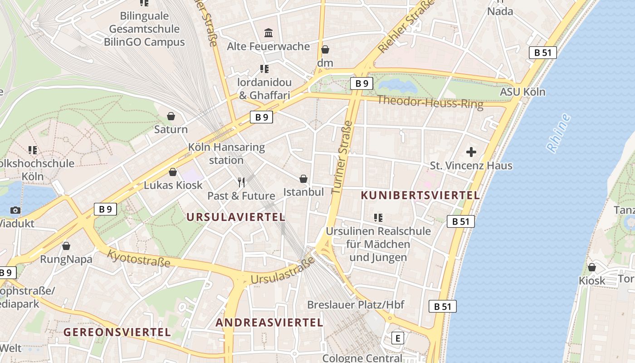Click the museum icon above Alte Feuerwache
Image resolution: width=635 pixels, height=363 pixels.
[269, 33]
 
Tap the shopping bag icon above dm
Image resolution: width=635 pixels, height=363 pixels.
[325, 49]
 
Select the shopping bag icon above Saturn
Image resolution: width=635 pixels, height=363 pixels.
[171, 116]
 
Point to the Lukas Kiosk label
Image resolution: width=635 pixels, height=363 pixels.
[173, 185]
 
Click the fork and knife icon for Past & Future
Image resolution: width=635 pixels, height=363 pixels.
[241, 182]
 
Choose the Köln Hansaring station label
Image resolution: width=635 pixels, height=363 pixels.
[226, 154]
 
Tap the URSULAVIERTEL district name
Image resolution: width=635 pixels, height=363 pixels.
[236, 217]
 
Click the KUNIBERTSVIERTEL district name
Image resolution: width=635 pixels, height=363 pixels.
[420, 196]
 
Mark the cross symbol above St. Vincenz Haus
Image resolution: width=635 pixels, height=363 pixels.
[471, 152]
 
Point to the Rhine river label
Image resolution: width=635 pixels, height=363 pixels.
[558, 133]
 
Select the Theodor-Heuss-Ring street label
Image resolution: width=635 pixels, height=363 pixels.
[430, 102]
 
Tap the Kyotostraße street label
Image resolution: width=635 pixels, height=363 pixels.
[139, 258]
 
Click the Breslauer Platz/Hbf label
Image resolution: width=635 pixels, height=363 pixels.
[356, 304]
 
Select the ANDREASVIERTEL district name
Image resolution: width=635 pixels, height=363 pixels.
[269, 323]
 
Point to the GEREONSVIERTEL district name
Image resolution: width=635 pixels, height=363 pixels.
[117, 332]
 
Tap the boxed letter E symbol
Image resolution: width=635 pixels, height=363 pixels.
[398, 338]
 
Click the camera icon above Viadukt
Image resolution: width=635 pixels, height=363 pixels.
[15, 210]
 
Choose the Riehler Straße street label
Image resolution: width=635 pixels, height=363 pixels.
[406, 27]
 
